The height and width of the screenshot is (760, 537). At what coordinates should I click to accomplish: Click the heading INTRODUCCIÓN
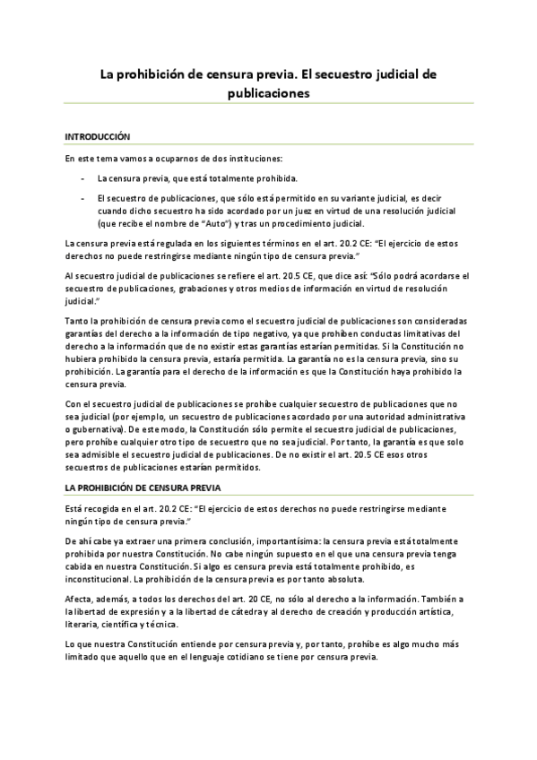coord(98,136)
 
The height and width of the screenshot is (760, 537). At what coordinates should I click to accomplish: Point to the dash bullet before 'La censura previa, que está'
coord(82,177)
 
